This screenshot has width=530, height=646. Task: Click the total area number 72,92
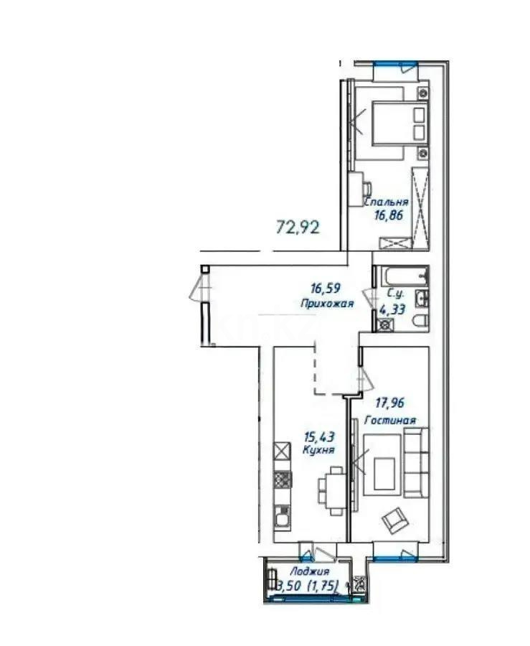click(x=297, y=228)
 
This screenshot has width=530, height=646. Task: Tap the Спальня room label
click(x=386, y=202)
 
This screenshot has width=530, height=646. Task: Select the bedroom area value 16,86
click(x=389, y=215)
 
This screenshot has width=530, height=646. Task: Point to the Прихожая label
click(x=328, y=304)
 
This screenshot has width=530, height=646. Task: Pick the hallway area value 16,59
click(x=325, y=289)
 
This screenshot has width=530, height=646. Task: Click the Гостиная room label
click(x=394, y=421)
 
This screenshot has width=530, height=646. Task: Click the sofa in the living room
click(x=415, y=463)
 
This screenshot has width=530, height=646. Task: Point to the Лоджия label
click(x=302, y=571)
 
